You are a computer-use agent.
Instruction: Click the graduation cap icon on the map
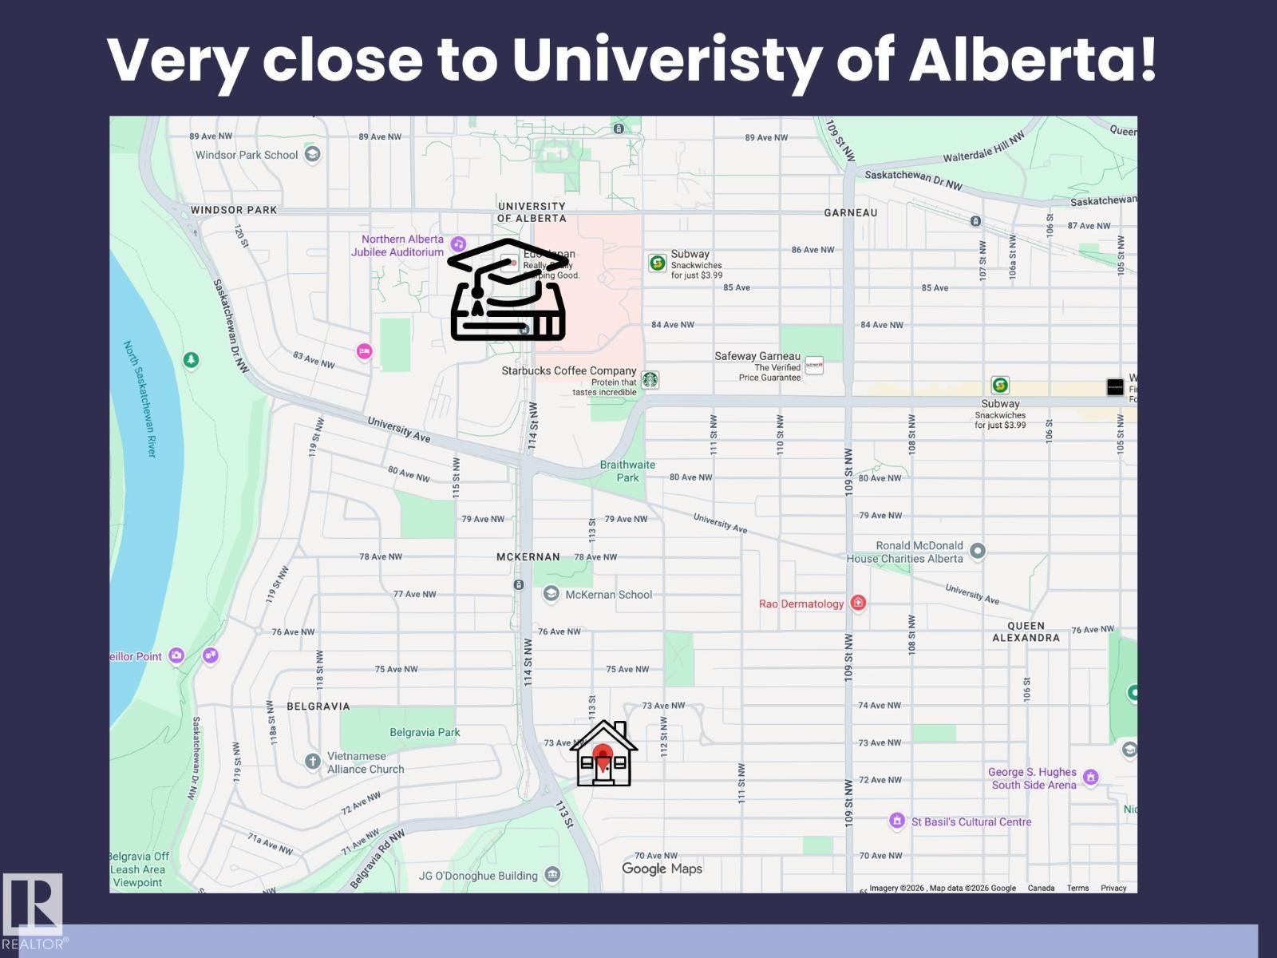pos(508,290)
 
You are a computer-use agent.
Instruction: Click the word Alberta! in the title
pos(1033,61)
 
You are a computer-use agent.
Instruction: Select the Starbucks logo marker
pos(650,380)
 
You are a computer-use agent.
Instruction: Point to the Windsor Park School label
pos(247,155)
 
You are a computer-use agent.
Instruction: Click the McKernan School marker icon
pos(551,594)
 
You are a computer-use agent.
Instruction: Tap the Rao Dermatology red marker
pos(858,603)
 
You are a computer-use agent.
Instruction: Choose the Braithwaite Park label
pos(627,471)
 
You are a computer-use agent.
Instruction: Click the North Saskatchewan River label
pos(140,398)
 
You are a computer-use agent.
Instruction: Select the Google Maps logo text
pos(662,869)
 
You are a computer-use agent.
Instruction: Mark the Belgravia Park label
pos(425,732)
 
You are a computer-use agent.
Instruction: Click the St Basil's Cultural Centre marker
pos(897,821)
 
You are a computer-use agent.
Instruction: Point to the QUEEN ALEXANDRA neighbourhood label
pos(1026,631)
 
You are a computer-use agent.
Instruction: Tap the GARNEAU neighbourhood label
pos(850,212)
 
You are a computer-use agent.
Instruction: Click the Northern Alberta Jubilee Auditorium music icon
pos(458,243)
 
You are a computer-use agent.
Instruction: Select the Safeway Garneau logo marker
pos(814,366)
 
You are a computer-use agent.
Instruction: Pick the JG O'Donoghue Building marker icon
pos(552,876)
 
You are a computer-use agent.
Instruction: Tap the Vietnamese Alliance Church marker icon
pos(313,761)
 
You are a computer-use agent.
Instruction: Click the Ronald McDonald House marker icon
pos(978,550)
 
